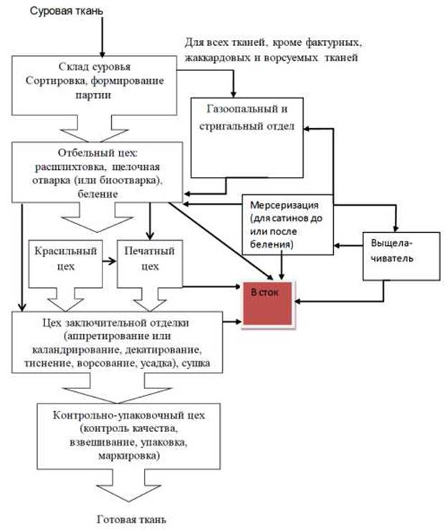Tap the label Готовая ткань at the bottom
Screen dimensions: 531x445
pyautogui.click(x=135, y=517)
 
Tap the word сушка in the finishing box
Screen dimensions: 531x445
pyautogui.click(x=209, y=363)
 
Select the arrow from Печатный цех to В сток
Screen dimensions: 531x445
pyautogui.click(x=211, y=287)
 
